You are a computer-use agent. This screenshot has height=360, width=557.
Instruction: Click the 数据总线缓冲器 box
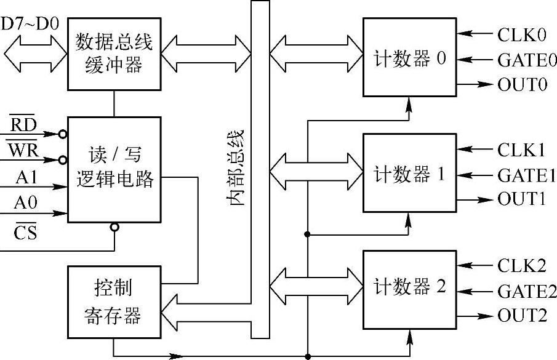point(114,54)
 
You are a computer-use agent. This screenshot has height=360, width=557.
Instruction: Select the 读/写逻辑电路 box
point(114,170)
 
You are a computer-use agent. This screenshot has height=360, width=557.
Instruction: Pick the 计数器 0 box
point(409,57)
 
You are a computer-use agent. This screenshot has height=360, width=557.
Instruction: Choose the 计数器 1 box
point(409,174)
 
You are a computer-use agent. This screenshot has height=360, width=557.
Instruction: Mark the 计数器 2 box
point(409,289)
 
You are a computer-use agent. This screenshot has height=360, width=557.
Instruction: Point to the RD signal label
point(25,125)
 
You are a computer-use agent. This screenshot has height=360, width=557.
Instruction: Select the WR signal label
point(24,151)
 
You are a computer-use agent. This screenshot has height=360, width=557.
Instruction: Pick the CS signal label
point(25,232)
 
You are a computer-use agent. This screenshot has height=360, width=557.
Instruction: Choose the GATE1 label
point(527,175)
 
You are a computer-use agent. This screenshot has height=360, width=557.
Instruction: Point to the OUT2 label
point(522,316)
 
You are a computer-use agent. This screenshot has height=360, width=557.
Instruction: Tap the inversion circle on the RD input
point(63,134)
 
